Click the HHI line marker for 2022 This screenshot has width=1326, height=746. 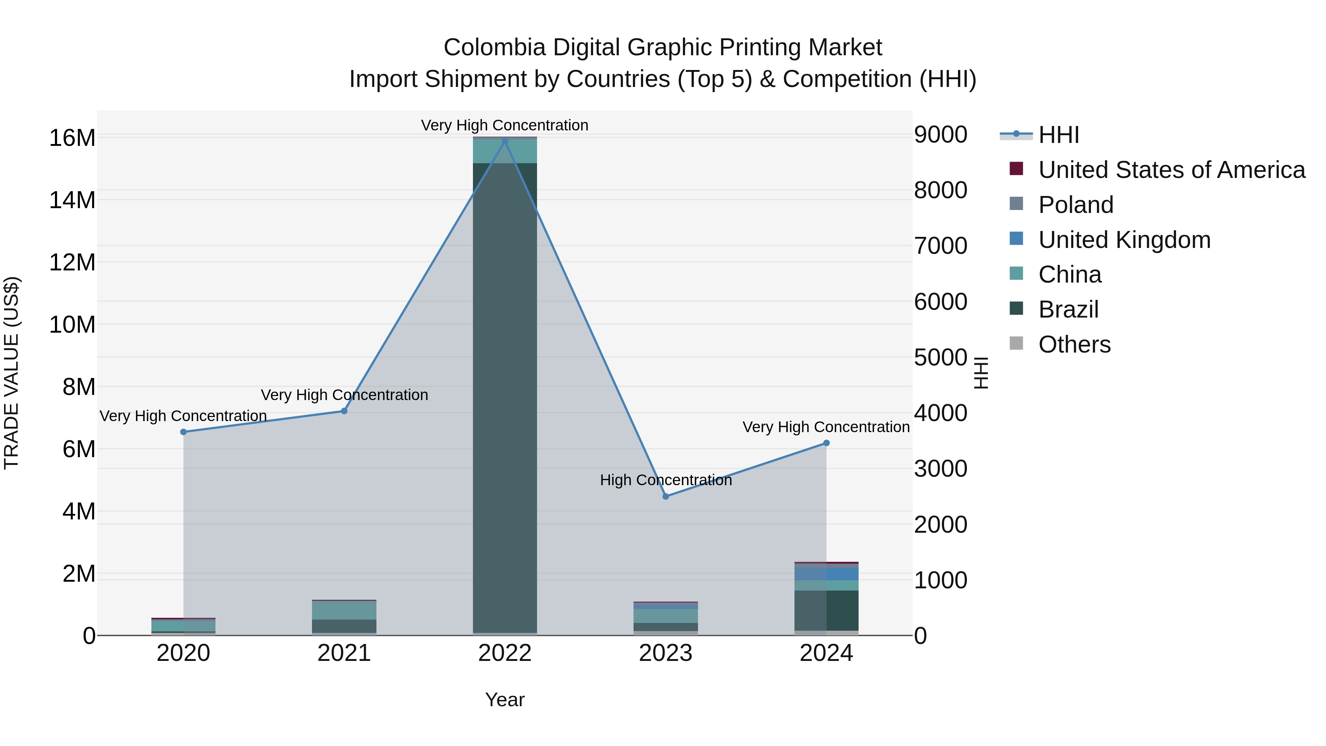click(x=505, y=141)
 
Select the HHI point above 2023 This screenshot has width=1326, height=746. click(x=666, y=496)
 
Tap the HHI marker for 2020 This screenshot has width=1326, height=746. click(x=183, y=432)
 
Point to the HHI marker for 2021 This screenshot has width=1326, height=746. click(x=344, y=411)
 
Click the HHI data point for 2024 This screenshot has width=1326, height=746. click(x=826, y=443)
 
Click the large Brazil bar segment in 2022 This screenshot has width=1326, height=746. click(x=505, y=396)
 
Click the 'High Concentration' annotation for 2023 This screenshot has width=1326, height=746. click(x=666, y=480)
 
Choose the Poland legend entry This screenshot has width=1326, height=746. click(x=1076, y=205)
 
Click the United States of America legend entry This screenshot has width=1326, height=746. click(x=1171, y=170)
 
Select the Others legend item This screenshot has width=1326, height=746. click(x=1074, y=344)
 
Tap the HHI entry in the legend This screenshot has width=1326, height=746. click(x=1058, y=135)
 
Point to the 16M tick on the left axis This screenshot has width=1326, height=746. click(x=72, y=138)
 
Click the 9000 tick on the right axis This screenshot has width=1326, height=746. click(x=940, y=134)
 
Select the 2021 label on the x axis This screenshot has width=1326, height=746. click(x=344, y=653)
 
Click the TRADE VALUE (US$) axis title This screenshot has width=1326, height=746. click(x=11, y=373)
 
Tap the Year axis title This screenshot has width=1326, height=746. click(x=505, y=700)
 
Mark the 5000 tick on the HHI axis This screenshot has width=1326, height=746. click(x=940, y=357)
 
